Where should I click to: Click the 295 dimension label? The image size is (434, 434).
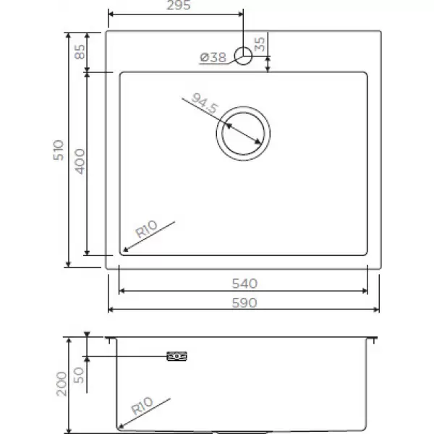point(179,5)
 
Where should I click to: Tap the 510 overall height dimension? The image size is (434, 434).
point(59,150)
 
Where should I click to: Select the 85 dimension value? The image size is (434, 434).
point(80,52)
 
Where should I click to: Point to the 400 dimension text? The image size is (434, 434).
point(80,161)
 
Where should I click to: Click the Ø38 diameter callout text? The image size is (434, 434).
point(213,57)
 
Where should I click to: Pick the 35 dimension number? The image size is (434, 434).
point(260,44)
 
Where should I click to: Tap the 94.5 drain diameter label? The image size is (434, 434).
point(205,103)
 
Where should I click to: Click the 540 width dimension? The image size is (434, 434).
point(244,284)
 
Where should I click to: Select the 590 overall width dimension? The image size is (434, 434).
point(244,303)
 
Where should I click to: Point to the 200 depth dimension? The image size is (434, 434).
point(61,384)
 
